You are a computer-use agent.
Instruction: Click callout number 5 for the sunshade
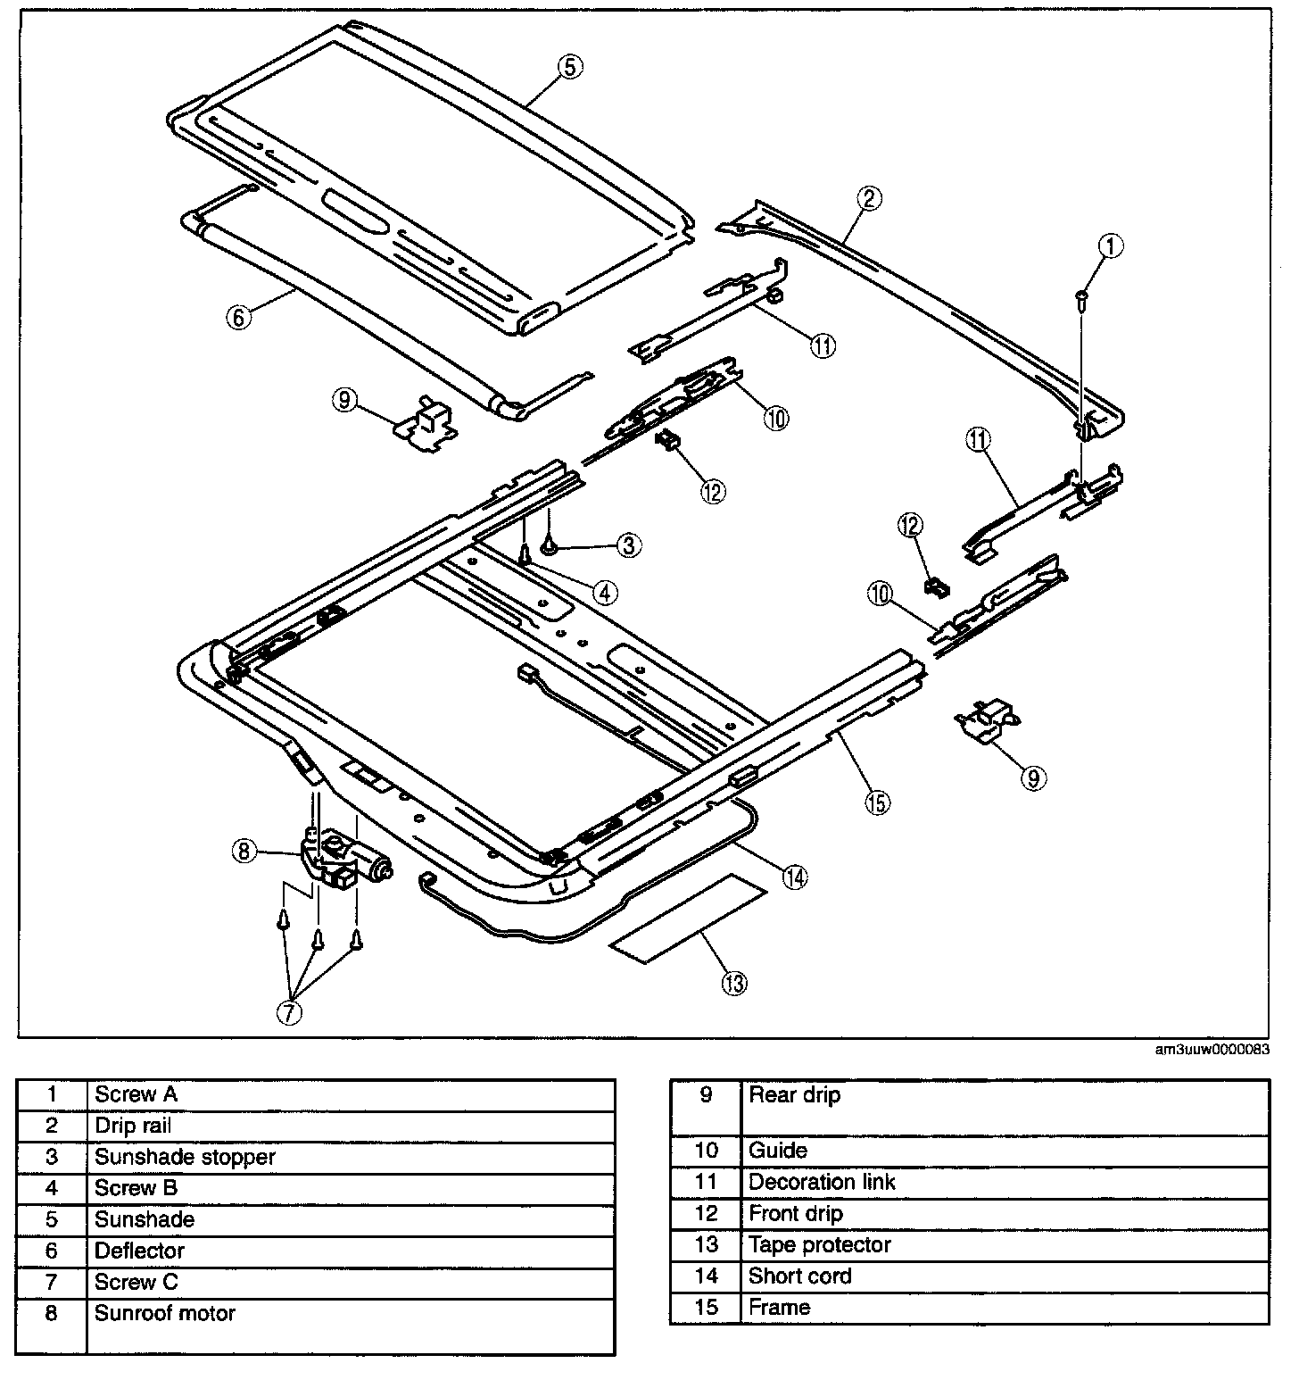pos(570,65)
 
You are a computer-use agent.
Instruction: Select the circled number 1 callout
pos(1111,245)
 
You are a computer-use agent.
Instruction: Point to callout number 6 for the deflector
pos(239,317)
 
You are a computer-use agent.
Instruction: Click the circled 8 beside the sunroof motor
pos(244,852)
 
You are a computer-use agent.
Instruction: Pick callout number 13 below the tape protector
pos(735,983)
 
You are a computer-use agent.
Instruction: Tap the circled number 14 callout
pos(795,877)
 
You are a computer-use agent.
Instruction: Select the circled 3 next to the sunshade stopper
pos(629,545)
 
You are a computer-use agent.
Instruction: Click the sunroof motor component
pos(345,859)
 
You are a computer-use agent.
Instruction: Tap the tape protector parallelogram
pos(687,918)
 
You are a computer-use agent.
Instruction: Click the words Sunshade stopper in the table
pos(185,1157)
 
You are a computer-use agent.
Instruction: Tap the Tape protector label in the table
pos(819,1245)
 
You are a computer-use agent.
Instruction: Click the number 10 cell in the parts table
pos(706,1151)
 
